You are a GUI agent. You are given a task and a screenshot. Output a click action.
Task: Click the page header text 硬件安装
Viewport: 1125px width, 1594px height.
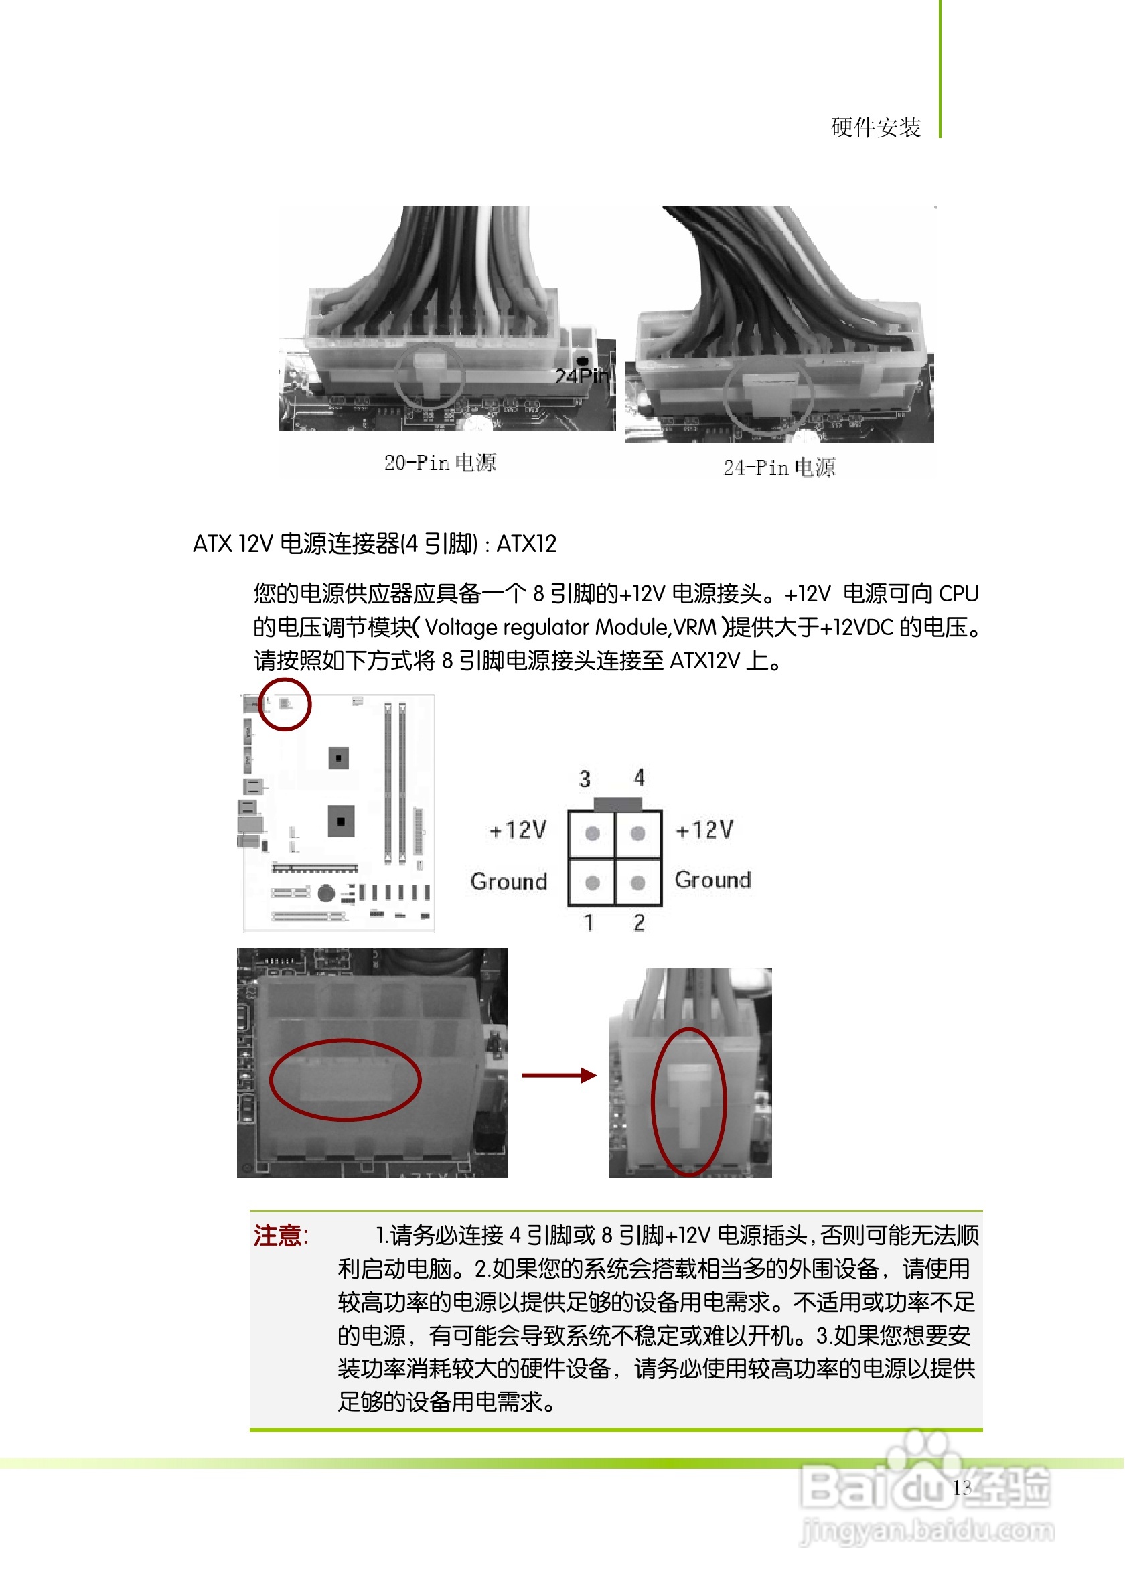876,128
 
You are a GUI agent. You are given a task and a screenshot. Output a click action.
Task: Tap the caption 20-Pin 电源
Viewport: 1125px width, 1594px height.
440,463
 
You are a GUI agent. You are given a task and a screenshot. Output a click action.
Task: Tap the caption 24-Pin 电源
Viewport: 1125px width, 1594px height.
779,468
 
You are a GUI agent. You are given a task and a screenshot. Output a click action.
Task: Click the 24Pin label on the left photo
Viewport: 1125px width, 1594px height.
582,376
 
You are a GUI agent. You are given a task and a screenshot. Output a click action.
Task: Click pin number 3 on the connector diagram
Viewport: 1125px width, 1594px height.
585,779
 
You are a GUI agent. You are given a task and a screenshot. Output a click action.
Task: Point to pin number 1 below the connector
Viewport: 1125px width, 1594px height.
589,923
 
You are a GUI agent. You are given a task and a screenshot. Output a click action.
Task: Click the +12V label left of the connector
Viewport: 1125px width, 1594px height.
518,830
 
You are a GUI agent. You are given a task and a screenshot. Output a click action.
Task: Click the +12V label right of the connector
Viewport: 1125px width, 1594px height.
704,830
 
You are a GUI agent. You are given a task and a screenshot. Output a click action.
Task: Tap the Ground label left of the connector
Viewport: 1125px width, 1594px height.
509,881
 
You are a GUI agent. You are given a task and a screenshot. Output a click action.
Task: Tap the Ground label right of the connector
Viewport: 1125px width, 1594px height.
712,880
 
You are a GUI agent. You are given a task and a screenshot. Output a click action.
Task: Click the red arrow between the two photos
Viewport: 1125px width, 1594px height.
559,1076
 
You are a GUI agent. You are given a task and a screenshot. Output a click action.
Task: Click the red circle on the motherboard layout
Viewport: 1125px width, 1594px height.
285,705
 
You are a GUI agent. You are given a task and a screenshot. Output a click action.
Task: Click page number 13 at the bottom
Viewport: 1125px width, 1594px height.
962,1488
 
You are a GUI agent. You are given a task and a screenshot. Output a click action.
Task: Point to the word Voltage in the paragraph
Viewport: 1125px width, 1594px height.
461,628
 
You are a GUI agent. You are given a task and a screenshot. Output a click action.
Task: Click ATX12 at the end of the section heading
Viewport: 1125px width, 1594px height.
527,545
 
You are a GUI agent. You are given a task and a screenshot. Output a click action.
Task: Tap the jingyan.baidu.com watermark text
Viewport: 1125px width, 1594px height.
927,1531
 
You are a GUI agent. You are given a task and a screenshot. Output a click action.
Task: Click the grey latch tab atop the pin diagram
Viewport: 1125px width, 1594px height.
617,804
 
